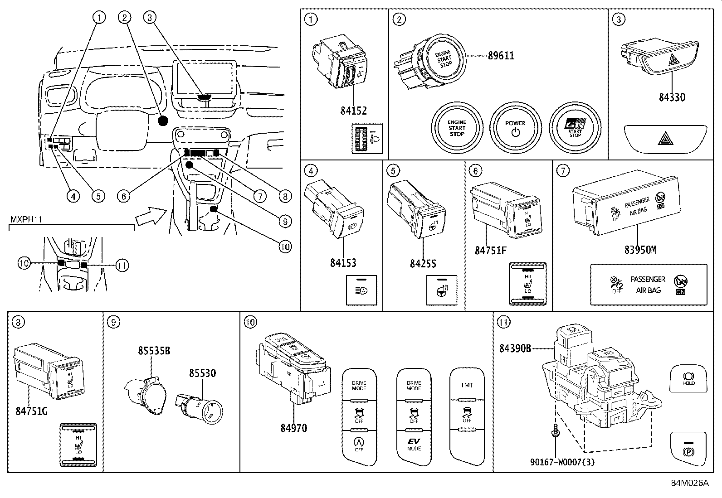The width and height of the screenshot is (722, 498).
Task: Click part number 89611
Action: point(501,56)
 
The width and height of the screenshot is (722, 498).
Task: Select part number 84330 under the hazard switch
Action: point(672,97)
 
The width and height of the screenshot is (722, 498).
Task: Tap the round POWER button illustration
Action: point(515,128)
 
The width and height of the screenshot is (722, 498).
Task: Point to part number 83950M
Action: point(640,250)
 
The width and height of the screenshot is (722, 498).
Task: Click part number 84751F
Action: point(490,250)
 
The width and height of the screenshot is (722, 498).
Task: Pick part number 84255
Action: point(423,263)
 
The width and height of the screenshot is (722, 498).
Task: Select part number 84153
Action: point(343,263)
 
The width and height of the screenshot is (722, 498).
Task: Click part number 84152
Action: point(353,111)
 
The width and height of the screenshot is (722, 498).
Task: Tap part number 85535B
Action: point(154,350)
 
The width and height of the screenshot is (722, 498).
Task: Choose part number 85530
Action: point(202,373)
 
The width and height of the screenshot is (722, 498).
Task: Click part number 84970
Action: point(293,427)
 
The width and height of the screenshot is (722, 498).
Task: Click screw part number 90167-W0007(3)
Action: point(562,462)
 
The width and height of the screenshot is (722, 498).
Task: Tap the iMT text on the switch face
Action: point(467,385)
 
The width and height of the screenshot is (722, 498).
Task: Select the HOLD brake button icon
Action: point(688,378)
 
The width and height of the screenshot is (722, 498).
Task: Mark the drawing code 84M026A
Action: point(689,483)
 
